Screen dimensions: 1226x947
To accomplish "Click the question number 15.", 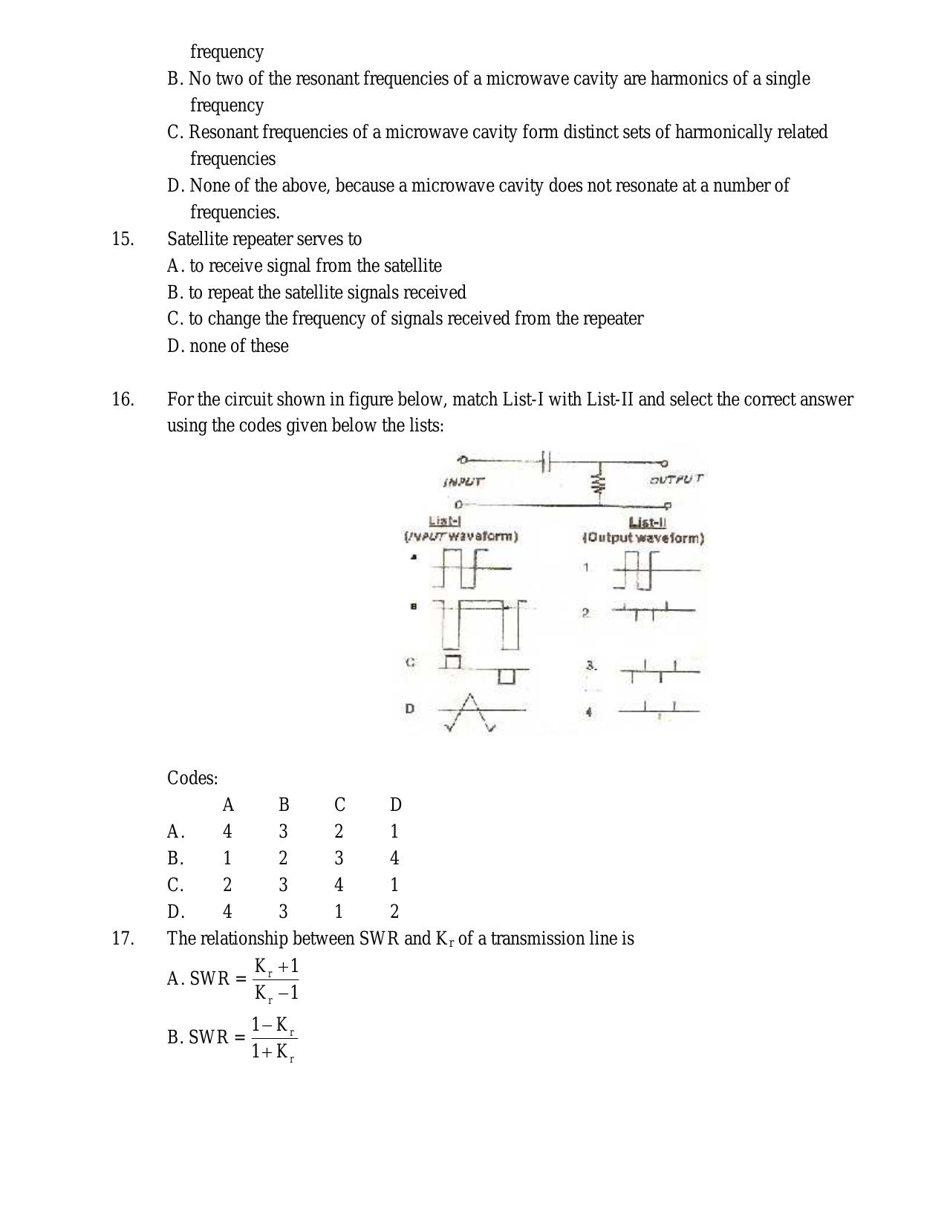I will pyautogui.click(x=123, y=239).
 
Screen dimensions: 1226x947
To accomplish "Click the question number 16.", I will pyautogui.click(x=123, y=400).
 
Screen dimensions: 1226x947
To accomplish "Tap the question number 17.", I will pyautogui.click(x=123, y=939).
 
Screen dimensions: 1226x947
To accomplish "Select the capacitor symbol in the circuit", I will pyautogui.click(x=545, y=462).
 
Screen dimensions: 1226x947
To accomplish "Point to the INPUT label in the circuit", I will pyautogui.click(x=463, y=481).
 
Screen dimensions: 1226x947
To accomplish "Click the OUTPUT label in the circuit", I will pyautogui.click(x=675, y=479).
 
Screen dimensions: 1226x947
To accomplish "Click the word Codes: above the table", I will pyautogui.click(x=192, y=778).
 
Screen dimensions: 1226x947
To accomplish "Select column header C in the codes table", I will pyautogui.click(x=339, y=805).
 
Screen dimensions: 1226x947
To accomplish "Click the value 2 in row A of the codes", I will pyautogui.click(x=339, y=832).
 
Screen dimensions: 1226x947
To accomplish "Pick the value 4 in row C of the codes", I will pyautogui.click(x=339, y=885).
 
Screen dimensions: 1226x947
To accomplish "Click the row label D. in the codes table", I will pyautogui.click(x=175, y=912).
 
